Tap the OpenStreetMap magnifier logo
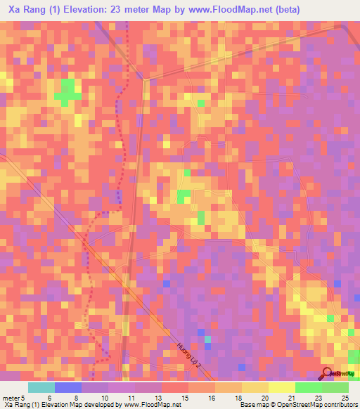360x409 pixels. coord(326,374)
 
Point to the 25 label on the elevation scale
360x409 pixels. coord(345,397)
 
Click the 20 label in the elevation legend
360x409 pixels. coord(264,397)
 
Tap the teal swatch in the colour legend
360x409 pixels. coord(41,387)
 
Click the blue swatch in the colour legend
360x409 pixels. coord(68,387)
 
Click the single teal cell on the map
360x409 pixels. coord(208,339)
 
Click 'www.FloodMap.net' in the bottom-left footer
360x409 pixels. coord(142,405)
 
